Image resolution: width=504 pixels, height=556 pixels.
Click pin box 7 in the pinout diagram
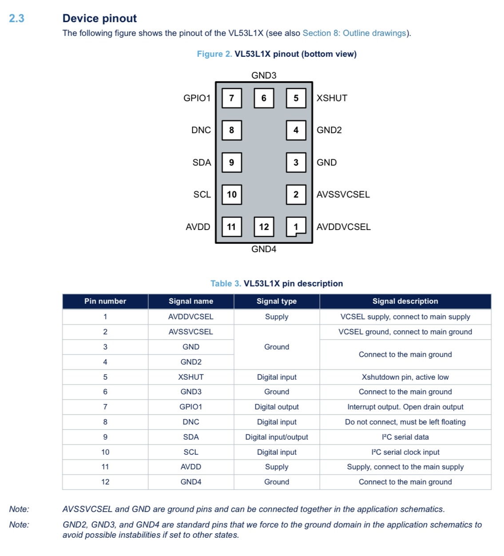pos(231,98)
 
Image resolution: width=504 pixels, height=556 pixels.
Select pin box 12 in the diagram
pos(264,227)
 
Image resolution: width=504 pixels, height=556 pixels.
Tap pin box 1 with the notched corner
pos(296,227)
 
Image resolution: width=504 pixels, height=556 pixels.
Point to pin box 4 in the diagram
pos(296,130)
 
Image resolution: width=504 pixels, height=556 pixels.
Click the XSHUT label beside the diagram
pos(332,98)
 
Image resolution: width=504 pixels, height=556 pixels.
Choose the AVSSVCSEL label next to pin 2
pos(343,195)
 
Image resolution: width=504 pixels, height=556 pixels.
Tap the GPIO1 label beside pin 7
pos(197,98)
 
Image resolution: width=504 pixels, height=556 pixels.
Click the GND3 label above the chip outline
pos(264,75)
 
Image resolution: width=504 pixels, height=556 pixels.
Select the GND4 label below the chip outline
pos(264,249)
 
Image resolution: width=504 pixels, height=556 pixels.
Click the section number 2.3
pos(16,18)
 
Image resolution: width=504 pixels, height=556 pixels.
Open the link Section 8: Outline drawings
pos(354,33)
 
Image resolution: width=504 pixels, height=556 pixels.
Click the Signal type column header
pos(277,301)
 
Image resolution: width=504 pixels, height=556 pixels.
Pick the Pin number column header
pos(105,301)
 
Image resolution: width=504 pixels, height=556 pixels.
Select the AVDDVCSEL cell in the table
pos(191,317)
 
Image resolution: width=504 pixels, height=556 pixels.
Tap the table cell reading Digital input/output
pos(277,437)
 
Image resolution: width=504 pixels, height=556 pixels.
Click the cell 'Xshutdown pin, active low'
pos(405,377)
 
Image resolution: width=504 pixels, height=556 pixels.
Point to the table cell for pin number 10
pos(105,452)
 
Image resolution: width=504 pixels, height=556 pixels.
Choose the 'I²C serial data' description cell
pos(405,437)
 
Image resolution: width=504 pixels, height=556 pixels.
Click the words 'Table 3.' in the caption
pos(226,284)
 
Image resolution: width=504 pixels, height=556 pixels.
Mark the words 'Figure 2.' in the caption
pos(214,54)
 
